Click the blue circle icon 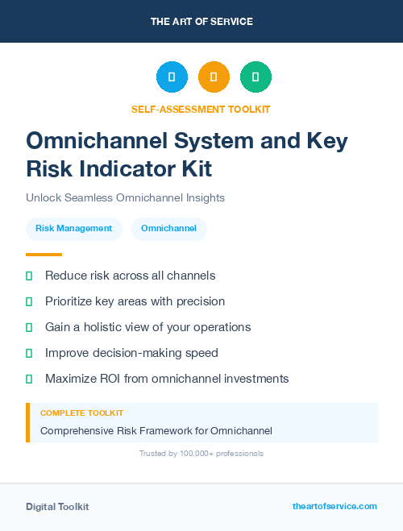pos(172,77)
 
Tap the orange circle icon pos(214,77)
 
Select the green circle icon pos(256,77)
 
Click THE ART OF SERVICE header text pos(201,22)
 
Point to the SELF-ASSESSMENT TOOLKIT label pos(201,109)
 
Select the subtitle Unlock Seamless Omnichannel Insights pos(125,197)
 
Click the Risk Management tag pos(73,229)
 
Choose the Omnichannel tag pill pos(168,229)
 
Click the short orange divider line pos(44,255)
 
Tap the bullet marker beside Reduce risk pos(29,276)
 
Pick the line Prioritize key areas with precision pos(135,301)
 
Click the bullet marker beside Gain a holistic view pos(29,327)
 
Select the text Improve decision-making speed pos(131,353)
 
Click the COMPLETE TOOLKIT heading pos(81,413)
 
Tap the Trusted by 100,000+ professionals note pos(201,454)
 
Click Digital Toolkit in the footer pos(57,507)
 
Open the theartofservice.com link pos(334,506)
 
